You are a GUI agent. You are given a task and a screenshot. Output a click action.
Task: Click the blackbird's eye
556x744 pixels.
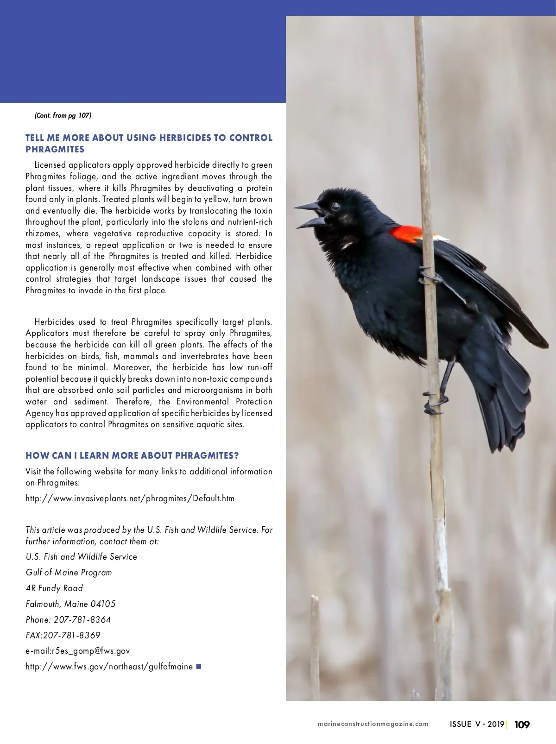(x=335, y=207)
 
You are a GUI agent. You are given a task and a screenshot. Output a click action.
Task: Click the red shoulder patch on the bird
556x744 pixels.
(x=405, y=234)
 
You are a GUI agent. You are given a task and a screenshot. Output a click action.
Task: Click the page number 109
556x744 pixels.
(x=522, y=725)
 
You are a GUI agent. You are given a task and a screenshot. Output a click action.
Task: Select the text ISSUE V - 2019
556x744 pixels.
(x=477, y=724)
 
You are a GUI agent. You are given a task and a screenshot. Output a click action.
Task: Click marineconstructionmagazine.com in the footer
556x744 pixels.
(x=373, y=724)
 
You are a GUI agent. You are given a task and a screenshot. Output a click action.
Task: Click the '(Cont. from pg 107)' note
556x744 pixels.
(x=63, y=115)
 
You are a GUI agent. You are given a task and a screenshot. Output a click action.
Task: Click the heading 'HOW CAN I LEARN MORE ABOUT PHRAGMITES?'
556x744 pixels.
(x=132, y=455)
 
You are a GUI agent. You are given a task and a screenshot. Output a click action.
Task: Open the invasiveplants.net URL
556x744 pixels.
(x=130, y=498)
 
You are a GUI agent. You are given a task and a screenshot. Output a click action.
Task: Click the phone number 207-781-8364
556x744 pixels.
(x=82, y=620)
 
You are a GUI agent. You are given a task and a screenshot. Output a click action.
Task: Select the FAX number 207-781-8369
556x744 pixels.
(x=72, y=636)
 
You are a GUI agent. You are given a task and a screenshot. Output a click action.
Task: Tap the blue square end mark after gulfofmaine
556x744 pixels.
(x=199, y=666)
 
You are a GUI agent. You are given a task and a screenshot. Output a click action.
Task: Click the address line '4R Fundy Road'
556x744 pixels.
(x=54, y=588)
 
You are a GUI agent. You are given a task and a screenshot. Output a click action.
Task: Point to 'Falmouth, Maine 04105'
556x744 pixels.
(x=70, y=604)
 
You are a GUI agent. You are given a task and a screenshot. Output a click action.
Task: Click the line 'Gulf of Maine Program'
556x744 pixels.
(x=69, y=573)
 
